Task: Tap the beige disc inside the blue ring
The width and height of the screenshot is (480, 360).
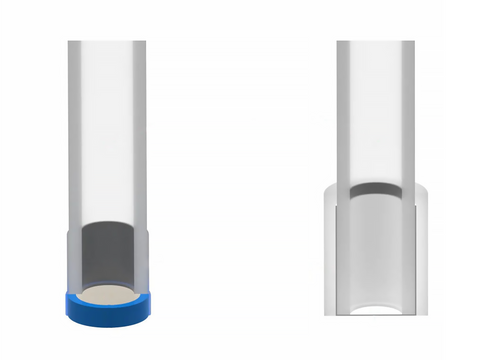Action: click(106, 294)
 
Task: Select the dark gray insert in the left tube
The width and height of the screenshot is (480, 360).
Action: click(106, 255)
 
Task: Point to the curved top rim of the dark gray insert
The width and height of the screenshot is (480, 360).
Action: click(106, 225)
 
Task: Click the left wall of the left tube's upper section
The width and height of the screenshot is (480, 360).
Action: click(73, 130)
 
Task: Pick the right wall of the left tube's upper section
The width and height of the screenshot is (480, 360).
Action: click(140, 130)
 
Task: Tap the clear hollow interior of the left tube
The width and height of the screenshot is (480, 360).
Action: click(106, 130)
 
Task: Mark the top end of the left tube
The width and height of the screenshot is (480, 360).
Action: click(106, 43)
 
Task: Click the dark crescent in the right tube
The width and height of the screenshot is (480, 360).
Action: click(375, 189)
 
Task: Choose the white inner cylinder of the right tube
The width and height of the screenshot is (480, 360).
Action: click(375, 250)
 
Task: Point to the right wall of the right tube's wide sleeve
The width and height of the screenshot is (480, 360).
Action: click(424, 250)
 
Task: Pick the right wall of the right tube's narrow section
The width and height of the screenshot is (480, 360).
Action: click(410, 110)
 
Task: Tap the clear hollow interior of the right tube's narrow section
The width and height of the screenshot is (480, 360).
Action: click(375, 110)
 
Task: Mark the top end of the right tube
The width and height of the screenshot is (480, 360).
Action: click(375, 43)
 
